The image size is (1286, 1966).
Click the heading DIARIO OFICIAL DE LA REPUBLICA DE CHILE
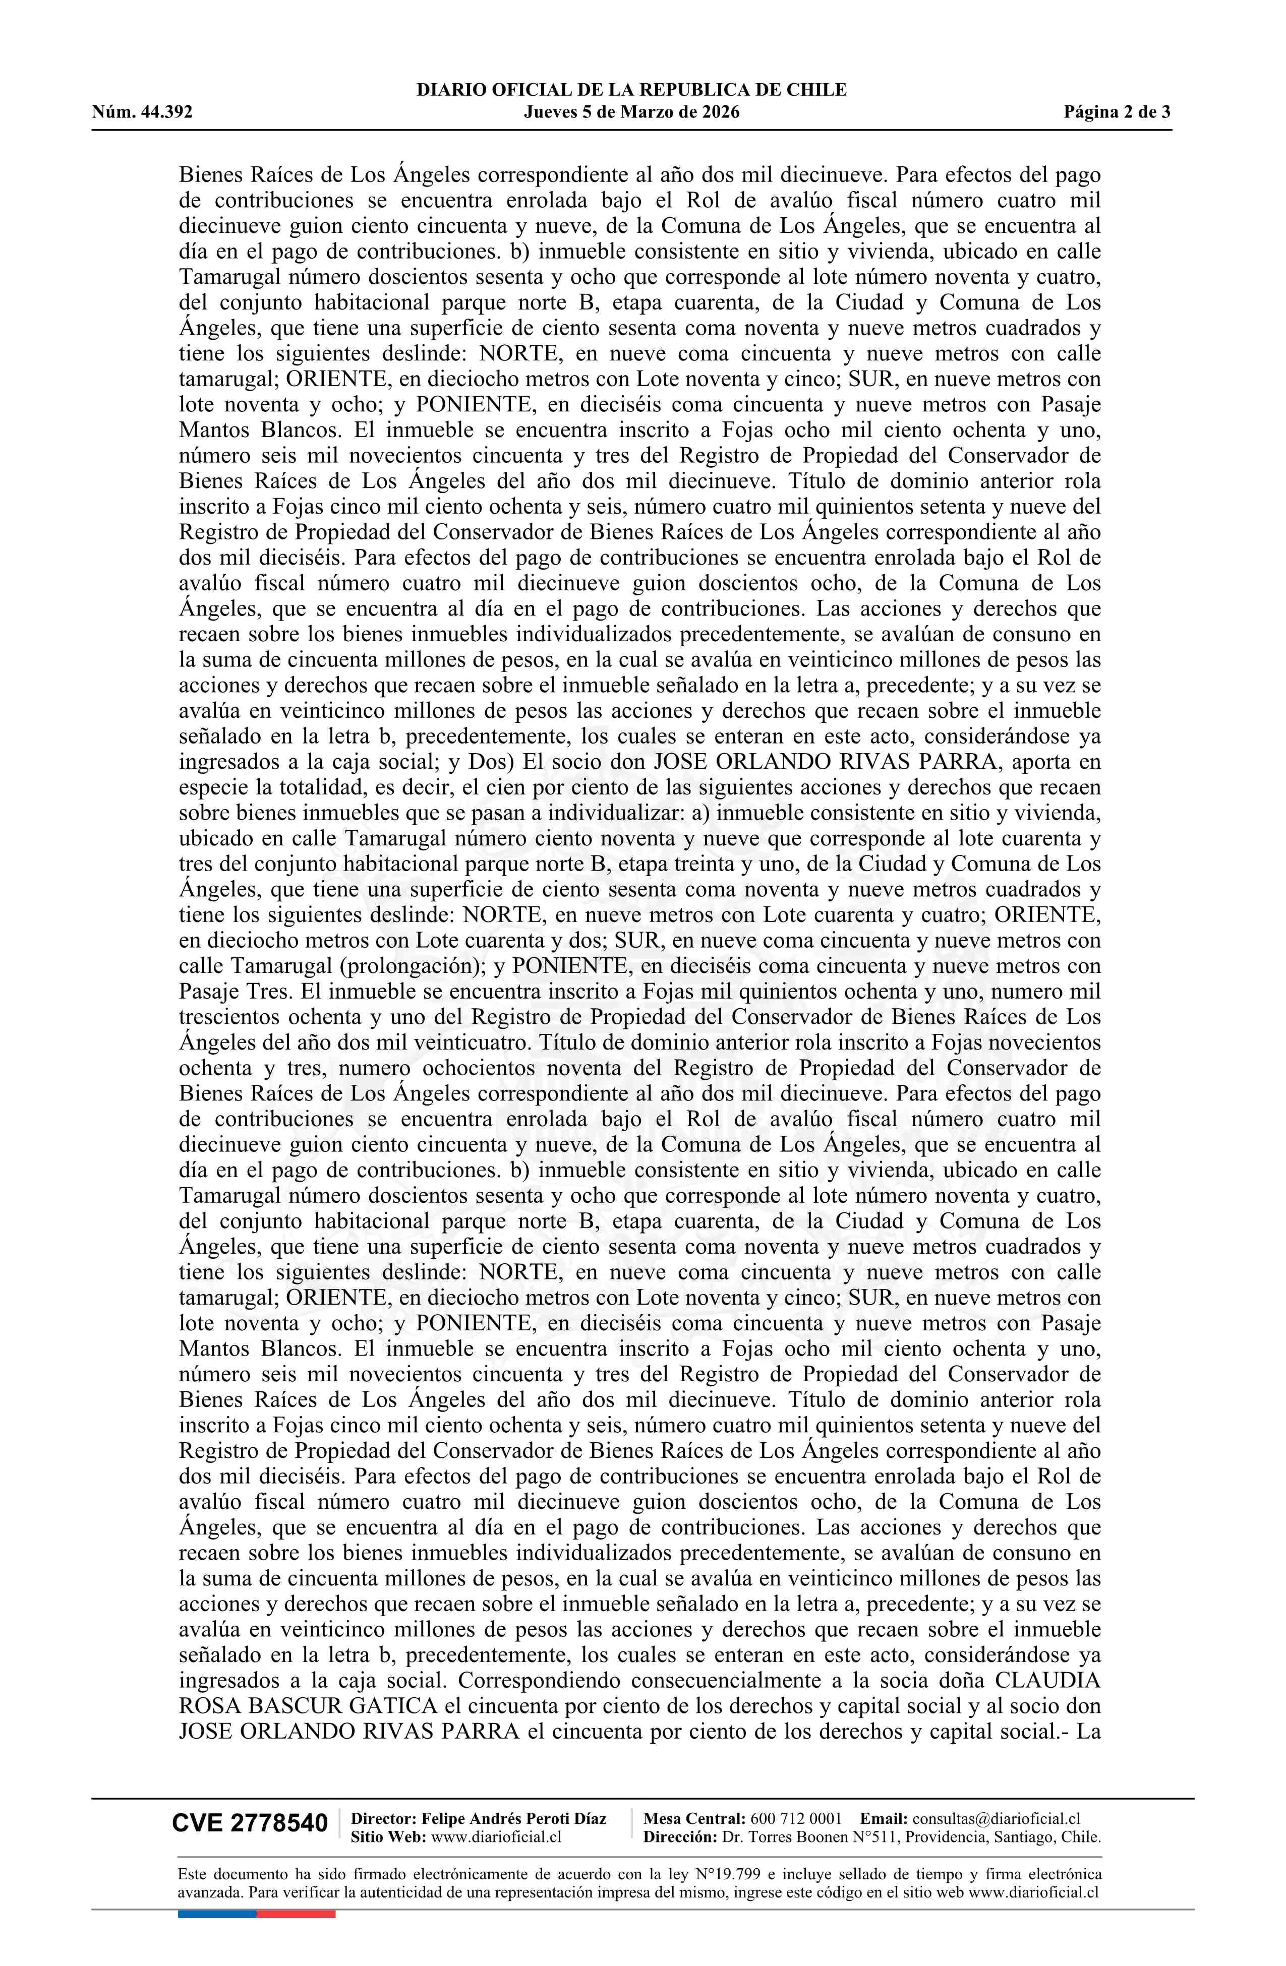[x=631, y=90]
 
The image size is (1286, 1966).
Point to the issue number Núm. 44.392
[x=142, y=112]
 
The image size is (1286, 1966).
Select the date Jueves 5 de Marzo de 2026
[x=631, y=112]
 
